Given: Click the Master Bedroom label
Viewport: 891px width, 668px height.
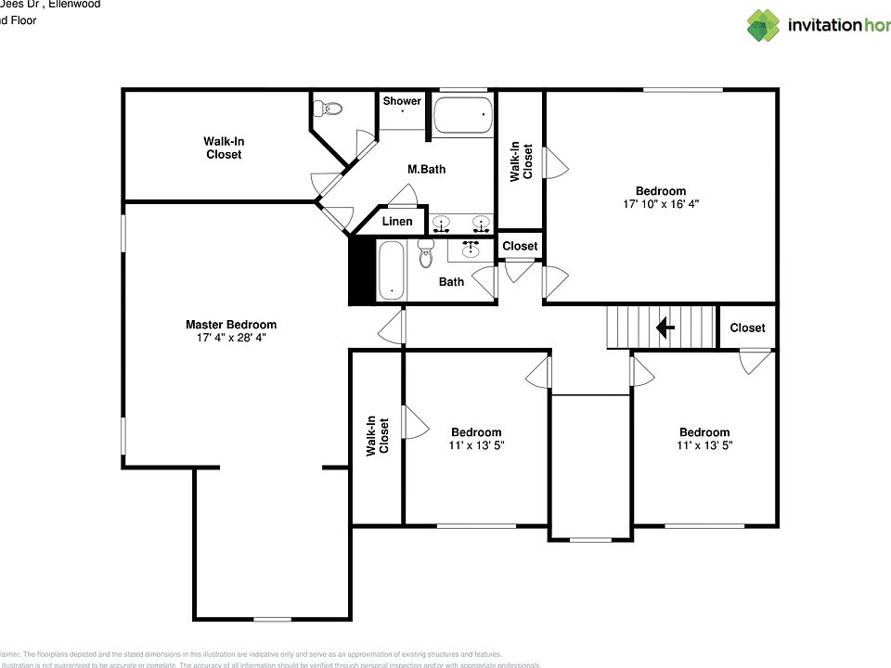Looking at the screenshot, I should pyautogui.click(x=231, y=325).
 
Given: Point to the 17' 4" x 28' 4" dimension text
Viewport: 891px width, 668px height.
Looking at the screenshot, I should pyautogui.click(x=231, y=338).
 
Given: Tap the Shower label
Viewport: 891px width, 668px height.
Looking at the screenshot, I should pyautogui.click(x=402, y=101).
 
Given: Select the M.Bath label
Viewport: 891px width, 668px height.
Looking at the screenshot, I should pyautogui.click(x=427, y=170).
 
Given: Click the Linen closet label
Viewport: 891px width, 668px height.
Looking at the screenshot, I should pyautogui.click(x=397, y=222).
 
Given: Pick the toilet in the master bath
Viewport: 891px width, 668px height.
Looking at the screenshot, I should pyautogui.click(x=329, y=109).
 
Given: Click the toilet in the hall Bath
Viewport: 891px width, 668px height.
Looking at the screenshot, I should pyautogui.click(x=426, y=252).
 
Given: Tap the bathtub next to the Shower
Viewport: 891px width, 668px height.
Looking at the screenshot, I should pyautogui.click(x=461, y=118).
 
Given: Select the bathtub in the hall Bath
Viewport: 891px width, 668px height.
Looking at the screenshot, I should pyautogui.click(x=391, y=270).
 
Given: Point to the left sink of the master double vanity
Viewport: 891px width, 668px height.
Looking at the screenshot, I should pyautogui.click(x=442, y=223).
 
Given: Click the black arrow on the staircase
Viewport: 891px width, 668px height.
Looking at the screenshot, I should pyautogui.click(x=665, y=328).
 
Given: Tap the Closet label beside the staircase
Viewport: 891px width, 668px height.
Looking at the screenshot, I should pyautogui.click(x=747, y=328).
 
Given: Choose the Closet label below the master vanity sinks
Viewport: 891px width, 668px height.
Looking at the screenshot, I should pyautogui.click(x=520, y=246).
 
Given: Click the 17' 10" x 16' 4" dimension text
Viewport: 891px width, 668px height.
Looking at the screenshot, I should pyautogui.click(x=661, y=204).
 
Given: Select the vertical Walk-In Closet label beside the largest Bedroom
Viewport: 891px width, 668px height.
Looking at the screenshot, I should pyautogui.click(x=521, y=161).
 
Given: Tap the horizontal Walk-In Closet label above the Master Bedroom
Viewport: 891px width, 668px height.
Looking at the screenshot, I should pyautogui.click(x=224, y=148).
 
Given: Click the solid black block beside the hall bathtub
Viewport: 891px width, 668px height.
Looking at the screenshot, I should pyautogui.click(x=359, y=270).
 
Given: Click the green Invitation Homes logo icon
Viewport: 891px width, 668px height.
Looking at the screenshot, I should pyautogui.click(x=763, y=25).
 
